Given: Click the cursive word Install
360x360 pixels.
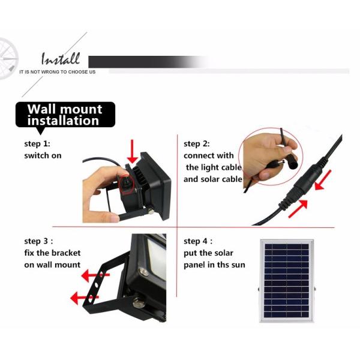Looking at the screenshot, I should point(60,59).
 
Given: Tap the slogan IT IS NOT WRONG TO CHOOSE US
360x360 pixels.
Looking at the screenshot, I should point(57,72).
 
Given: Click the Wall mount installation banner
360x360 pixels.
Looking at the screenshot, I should point(65,115).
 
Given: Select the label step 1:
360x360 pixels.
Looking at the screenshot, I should point(37,144).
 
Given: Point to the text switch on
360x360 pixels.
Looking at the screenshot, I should point(43,155).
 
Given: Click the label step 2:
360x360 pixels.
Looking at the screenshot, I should point(197,144).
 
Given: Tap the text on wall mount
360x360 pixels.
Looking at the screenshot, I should point(52,265).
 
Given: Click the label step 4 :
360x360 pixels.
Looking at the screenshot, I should point(199,241).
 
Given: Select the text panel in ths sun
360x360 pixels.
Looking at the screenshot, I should point(214,265).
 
